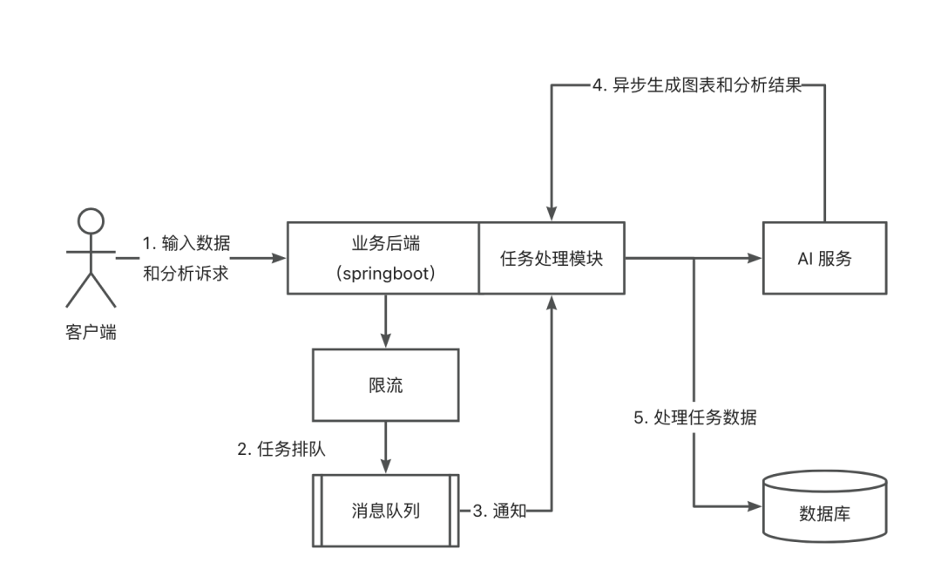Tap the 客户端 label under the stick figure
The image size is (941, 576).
pyautogui.click(x=91, y=334)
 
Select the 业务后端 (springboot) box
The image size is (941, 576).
pyautogui.click(x=384, y=258)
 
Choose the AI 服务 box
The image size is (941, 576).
pyautogui.click(x=824, y=258)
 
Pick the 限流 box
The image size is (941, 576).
pyautogui.click(x=384, y=384)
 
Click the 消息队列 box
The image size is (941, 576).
pyautogui.click(x=385, y=510)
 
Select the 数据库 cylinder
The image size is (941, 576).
pyautogui.click(x=824, y=506)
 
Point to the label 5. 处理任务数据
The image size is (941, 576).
pyautogui.click(x=694, y=417)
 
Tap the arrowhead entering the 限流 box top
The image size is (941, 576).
pyautogui.click(x=385, y=342)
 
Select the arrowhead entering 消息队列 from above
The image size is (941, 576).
pyautogui.click(x=385, y=468)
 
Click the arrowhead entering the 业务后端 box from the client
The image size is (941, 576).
pyautogui.click(x=281, y=258)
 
